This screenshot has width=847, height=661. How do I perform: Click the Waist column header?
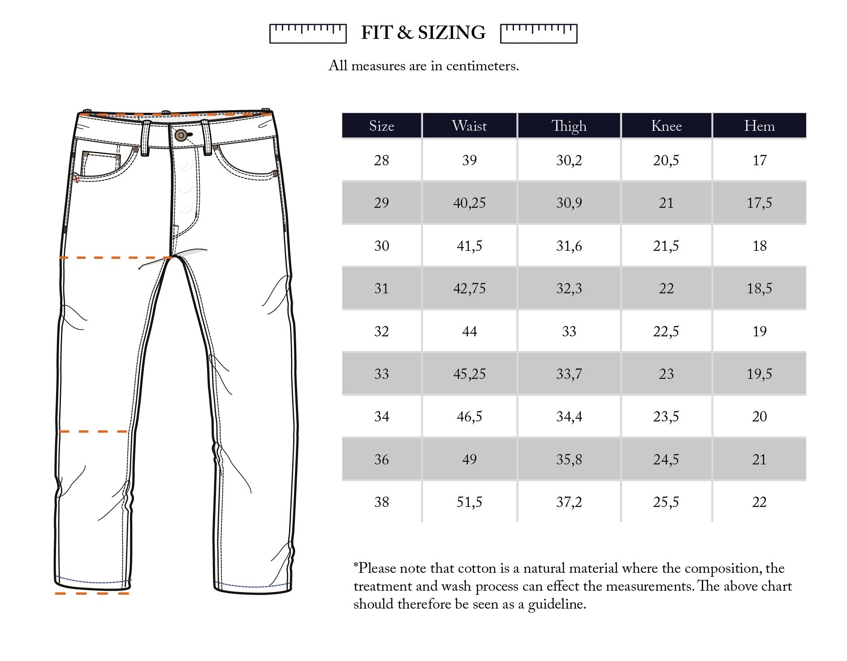coord(469,126)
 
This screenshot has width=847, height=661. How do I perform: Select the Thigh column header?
coord(569,126)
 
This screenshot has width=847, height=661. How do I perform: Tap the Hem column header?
coord(759,126)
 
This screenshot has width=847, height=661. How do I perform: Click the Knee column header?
coord(666,126)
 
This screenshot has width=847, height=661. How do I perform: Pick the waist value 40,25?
coord(469,203)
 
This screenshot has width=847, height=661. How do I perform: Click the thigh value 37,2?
coord(569,502)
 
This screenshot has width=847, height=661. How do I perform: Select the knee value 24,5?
coord(666,459)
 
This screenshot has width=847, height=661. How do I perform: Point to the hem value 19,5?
coord(759,374)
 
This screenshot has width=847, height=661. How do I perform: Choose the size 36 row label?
coord(381,459)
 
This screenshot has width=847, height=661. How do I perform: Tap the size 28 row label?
coord(381,160)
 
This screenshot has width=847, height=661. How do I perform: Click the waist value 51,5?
coord(469,502)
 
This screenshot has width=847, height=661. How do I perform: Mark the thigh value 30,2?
coord(569,160)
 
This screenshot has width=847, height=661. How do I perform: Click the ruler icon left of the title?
coord(308,34)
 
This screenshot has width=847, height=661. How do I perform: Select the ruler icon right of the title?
coord(538,34)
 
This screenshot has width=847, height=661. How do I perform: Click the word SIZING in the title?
coord(451,33)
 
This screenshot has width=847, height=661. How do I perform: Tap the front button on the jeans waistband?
coord(181,135)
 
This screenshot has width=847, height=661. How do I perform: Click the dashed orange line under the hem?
coord(92,594)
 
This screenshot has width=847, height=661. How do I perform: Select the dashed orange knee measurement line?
coord(93,432)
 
